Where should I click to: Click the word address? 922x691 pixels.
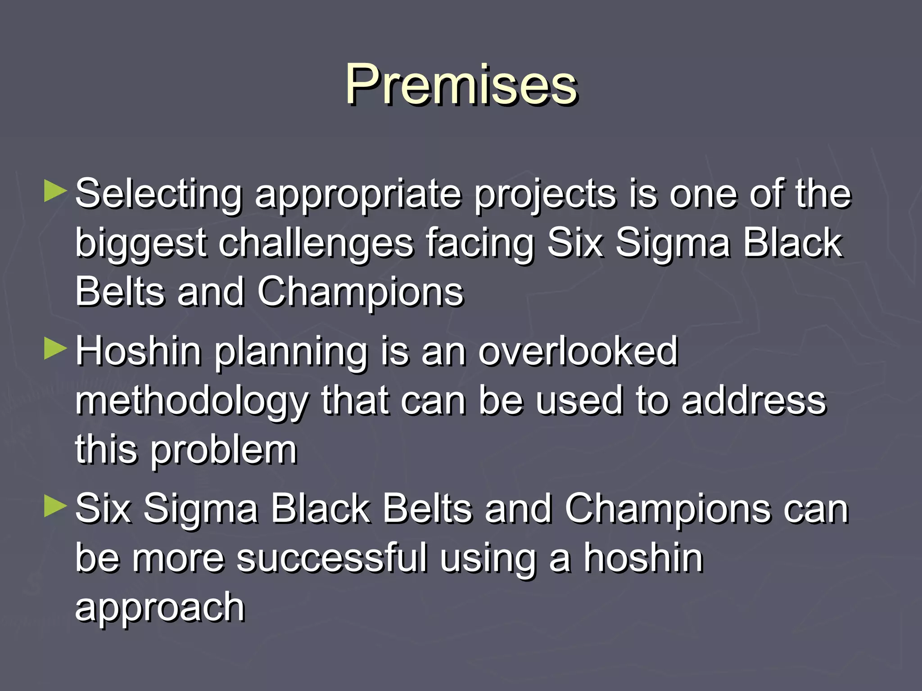pyautogui.click(x=754, y=400)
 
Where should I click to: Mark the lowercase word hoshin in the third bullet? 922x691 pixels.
pyautogui.click(x=643, y=558)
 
